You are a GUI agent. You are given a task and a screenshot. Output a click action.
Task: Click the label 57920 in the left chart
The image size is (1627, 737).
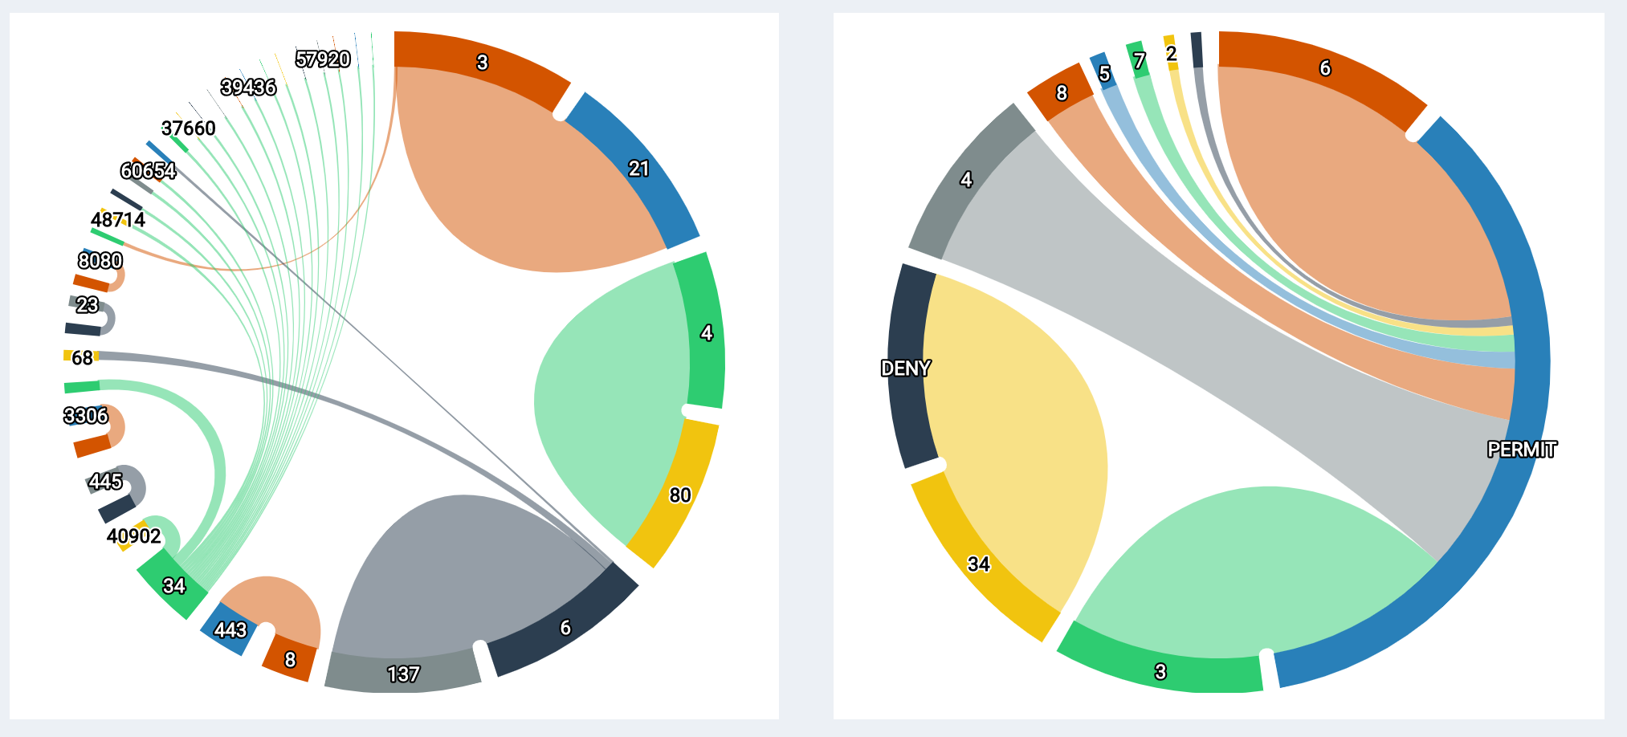(323, 59)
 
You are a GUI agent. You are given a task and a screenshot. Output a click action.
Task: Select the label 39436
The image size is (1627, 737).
(248, 87)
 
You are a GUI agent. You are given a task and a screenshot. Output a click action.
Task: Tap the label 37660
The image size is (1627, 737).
(189, 128)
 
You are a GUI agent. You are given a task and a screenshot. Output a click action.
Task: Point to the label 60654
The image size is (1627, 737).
(149, 171)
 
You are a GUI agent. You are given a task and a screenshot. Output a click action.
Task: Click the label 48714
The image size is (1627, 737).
(118, 219)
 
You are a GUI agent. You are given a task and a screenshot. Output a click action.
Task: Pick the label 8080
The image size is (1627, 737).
(100, 261)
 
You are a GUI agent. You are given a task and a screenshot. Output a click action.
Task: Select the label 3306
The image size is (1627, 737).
(86, 416)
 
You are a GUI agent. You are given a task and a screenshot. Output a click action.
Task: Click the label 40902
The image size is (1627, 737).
(134, 536)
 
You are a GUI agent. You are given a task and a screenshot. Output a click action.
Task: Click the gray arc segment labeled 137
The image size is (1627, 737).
(403, 673)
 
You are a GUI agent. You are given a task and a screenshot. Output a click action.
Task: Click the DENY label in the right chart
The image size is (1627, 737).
(905, 368)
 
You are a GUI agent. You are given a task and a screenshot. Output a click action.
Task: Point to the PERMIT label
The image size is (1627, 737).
(1522, 450)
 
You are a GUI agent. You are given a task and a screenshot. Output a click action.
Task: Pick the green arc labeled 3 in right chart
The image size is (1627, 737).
(1160, 671)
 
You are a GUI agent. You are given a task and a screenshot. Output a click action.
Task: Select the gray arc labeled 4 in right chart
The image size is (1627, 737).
(966, 180)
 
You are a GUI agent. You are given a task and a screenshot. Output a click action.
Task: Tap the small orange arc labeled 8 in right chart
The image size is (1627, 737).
(1061, 93)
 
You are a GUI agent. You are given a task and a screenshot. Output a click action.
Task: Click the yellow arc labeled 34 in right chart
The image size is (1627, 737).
(978, 564)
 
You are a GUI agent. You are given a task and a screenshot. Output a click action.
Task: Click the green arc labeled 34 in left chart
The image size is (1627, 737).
(173, 586)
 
